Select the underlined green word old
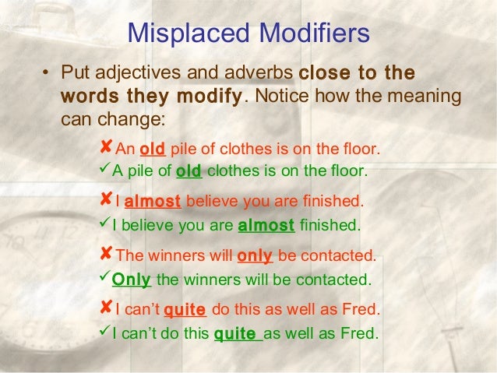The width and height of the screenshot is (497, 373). [x=189, y=171]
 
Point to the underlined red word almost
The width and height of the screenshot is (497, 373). [x=153, y=202]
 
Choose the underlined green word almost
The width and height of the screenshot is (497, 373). [x=266, y=226]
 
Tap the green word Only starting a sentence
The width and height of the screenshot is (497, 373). [x=131, y=279]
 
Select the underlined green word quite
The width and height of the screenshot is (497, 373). [x=234, y=335]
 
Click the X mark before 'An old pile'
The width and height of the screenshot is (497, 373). [x=107, y=147]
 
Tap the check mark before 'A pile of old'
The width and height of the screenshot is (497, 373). [x=106, y=170]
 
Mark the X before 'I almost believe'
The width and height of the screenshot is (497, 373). [x=107, y=200]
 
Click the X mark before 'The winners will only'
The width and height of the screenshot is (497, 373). [x=107, y=254]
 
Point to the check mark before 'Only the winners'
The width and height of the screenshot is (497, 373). [x=106, y=277]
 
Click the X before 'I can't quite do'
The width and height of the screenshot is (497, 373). [x=107, y=308]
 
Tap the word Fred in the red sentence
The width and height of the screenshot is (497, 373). [x=363, y=310]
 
